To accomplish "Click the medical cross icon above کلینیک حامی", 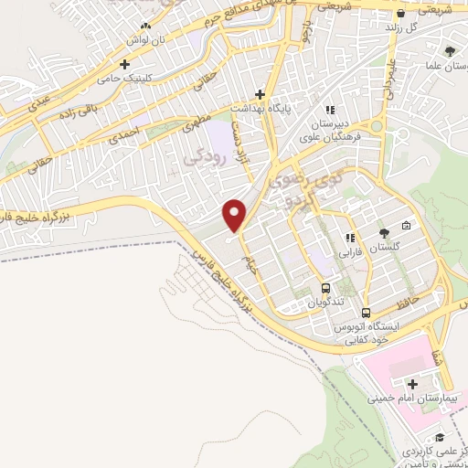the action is [125, 65].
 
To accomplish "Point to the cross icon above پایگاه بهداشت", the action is [261, 94].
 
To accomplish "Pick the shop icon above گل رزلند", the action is [400, 14].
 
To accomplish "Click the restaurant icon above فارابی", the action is [348, 239].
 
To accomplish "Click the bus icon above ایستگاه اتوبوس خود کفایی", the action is [366, 313].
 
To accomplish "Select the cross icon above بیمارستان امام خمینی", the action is [413, 384].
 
